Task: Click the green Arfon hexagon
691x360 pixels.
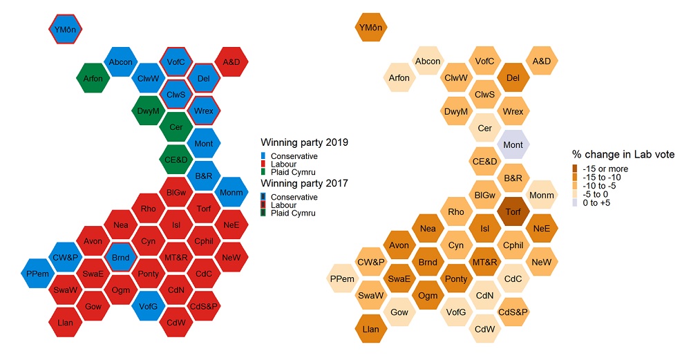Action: (x=93, y=78)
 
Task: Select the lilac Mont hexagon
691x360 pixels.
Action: (x=513, y=144)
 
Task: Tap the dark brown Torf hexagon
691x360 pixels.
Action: (x=513, y=211)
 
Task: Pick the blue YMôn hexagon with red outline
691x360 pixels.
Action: (x=66, y=29)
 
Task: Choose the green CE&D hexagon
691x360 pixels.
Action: (x=176, y=160)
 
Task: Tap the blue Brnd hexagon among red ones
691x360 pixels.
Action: (x=121, y=258)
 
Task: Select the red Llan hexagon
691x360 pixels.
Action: (x=66, y=323)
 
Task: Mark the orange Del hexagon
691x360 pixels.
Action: (x=513, y=78)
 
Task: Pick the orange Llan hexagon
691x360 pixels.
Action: (x=371, y=329)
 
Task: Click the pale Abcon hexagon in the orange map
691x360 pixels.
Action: (x=428, y=61)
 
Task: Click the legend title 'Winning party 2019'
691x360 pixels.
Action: (x=303, y=143)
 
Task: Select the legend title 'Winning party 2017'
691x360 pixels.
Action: (x=303, y=184)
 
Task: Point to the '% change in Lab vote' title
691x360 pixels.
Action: (x=623, y=154)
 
